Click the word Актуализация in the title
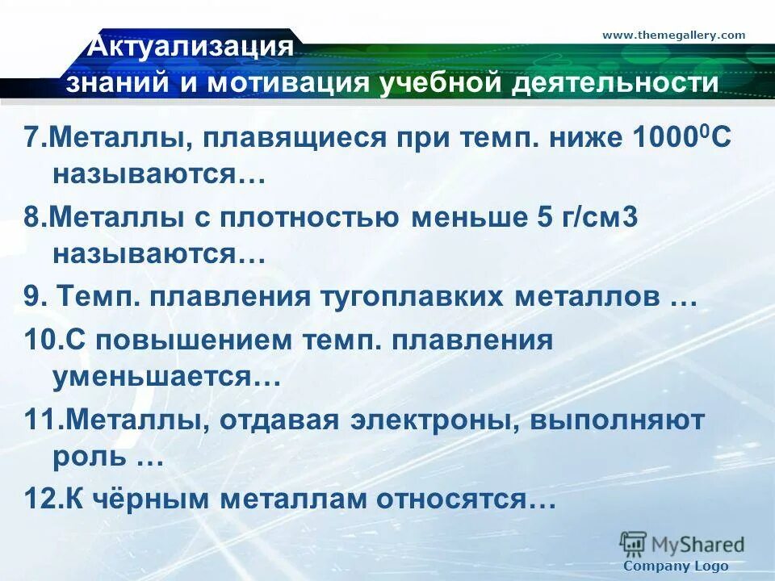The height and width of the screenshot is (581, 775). (x=190, y=46)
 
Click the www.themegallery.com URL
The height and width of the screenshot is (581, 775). (x=673, y=35)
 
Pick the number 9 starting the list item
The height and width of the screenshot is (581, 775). (x=32, y=297)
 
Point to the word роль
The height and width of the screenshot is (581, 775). (x=90, y=458)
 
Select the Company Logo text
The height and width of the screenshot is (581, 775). (x=677, y=566)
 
